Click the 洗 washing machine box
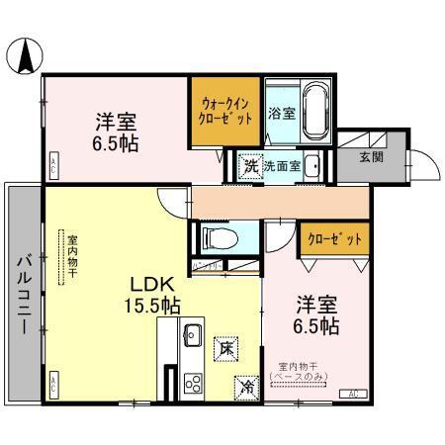click(251, 166)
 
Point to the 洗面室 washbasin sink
click(311, 166)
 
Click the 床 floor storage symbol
click(226, 348)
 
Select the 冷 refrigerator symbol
click(244, 388)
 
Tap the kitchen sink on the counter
click(193, 334)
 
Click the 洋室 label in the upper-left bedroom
click(116, 122)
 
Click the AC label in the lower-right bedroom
click(353, 395)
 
